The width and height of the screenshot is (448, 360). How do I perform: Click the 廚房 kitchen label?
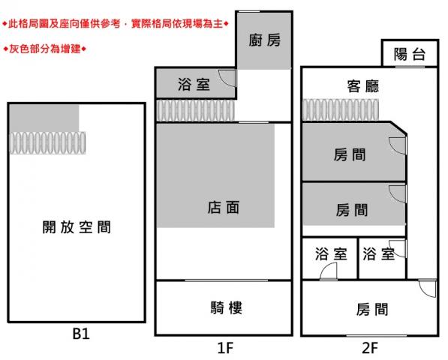(x=264, y=40)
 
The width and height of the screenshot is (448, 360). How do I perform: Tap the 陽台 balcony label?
(x=410, y=54)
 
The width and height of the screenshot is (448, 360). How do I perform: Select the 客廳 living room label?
(x=363, y=86)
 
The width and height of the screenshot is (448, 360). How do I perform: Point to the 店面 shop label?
(x=223, y=208)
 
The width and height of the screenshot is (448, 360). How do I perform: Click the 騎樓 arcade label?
(x=227, y=307)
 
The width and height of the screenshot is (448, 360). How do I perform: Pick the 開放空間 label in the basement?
(x=77, y=227)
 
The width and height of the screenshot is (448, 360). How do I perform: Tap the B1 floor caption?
(x=81, y=334)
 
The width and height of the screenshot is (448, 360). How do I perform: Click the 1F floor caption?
(x=225, y=348)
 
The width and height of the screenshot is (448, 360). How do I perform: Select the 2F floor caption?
(x=370, y=348)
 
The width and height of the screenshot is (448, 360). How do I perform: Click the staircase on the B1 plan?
(x=47, y=142)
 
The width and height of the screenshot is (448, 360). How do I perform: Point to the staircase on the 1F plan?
(x=196, y=110)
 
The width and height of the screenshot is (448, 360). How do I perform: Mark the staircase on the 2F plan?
(x=341, y=110)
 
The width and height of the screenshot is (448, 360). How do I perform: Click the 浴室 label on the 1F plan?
(x=194, y=85)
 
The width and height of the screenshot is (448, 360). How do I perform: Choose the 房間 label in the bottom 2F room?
(x=372, y=310)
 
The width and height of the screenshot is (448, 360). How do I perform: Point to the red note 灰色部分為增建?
(x=44, y=49)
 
